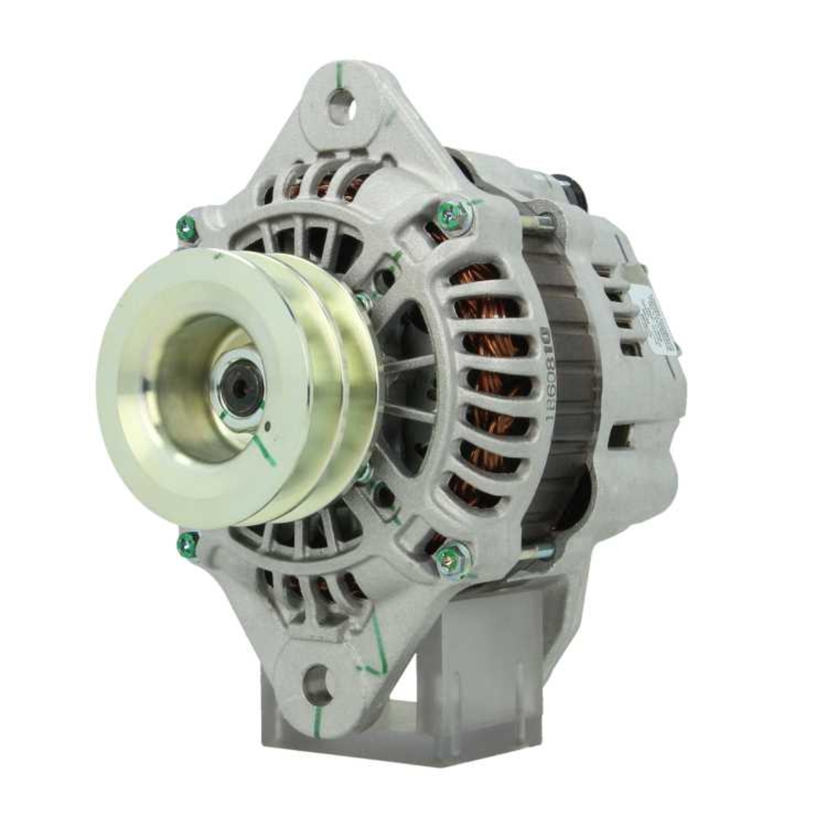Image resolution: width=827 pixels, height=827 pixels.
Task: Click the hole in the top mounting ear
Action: (x=341, y=106)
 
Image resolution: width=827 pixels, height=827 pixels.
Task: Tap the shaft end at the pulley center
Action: (x=241, y=386)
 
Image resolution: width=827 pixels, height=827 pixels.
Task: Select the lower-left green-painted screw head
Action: (x=188, y=543)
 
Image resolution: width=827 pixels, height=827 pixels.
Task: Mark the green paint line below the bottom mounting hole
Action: (x=316, y=715)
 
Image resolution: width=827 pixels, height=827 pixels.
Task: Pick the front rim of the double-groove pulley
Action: (x=124, y=389)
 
